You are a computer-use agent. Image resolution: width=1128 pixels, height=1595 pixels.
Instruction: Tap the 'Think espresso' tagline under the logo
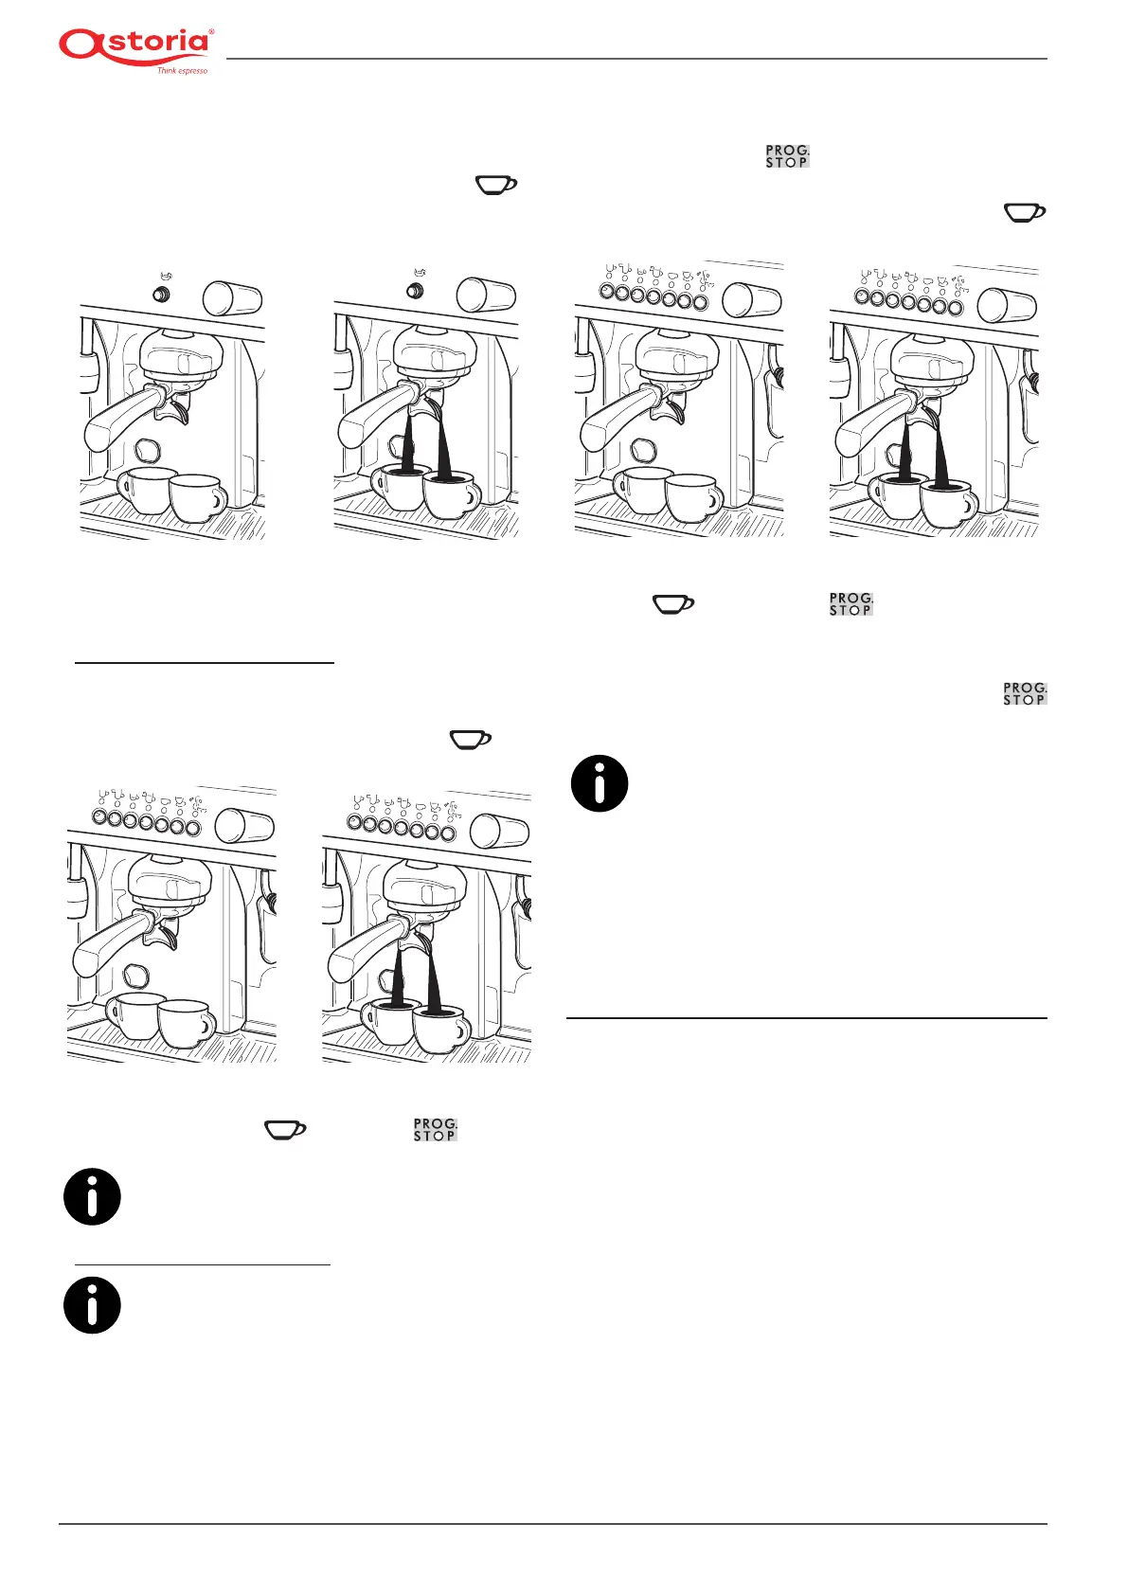[182, 71]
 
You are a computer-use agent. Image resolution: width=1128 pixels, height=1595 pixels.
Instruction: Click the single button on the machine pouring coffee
[415, 291]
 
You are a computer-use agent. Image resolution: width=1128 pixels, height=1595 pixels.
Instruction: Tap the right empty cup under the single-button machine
[197, 497]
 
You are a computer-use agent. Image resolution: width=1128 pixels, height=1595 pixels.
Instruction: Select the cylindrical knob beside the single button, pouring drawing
[486, 296]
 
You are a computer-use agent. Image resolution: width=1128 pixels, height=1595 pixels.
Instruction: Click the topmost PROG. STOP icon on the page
[787, 156]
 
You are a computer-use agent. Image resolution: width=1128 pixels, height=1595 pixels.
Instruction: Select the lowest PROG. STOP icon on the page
[435, 1129]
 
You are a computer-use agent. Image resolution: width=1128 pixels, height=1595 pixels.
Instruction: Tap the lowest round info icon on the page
[92, 1305]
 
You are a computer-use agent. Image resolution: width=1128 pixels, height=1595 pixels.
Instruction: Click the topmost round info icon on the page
[600, 783]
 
